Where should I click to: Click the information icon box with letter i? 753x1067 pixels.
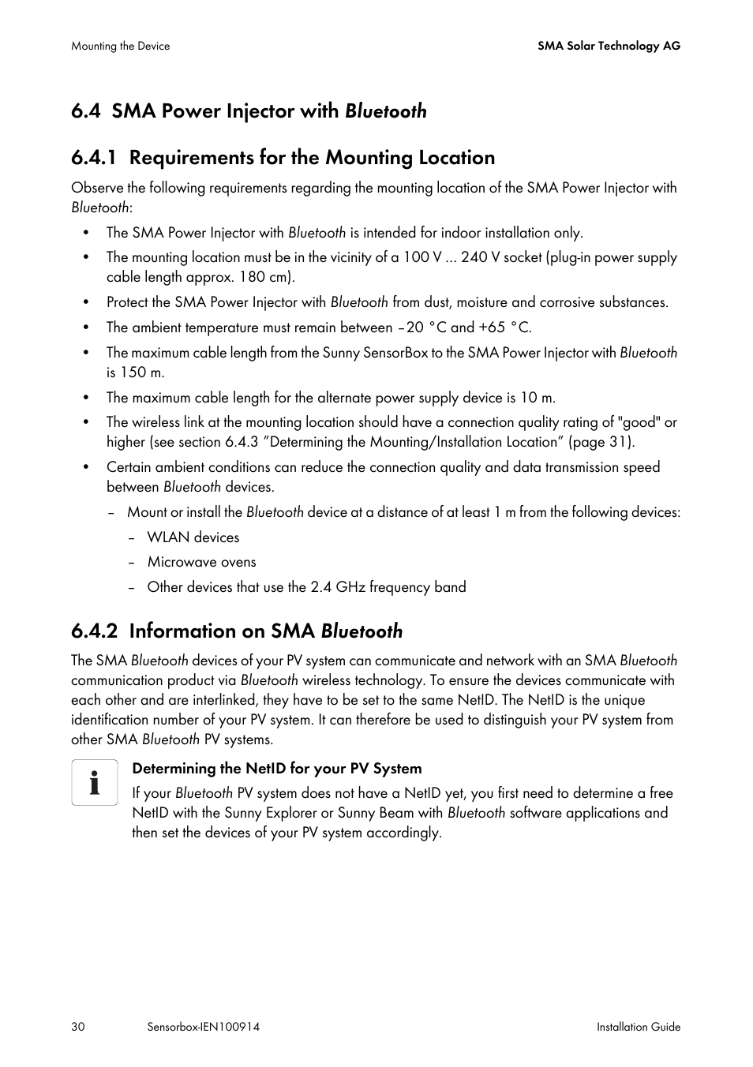point(95,782)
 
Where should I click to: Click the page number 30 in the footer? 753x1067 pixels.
point(77,1027)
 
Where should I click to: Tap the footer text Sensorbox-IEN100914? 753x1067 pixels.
point(203,1027)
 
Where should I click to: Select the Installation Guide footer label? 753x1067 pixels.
point(638,1027)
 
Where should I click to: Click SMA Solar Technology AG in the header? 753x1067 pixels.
point(609,46)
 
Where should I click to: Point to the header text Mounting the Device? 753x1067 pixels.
point(120,46)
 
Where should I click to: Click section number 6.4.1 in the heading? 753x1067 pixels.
point(94,158)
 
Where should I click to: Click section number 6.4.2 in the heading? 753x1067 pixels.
point(94,631)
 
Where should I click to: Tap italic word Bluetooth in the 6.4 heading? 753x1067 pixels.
point(385,111)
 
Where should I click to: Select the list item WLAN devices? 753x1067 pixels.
point(193,537)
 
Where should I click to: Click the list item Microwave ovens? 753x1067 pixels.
point(201,562)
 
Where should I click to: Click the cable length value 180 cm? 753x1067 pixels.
point(265,277)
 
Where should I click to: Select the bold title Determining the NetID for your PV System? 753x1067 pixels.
point(276,769)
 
